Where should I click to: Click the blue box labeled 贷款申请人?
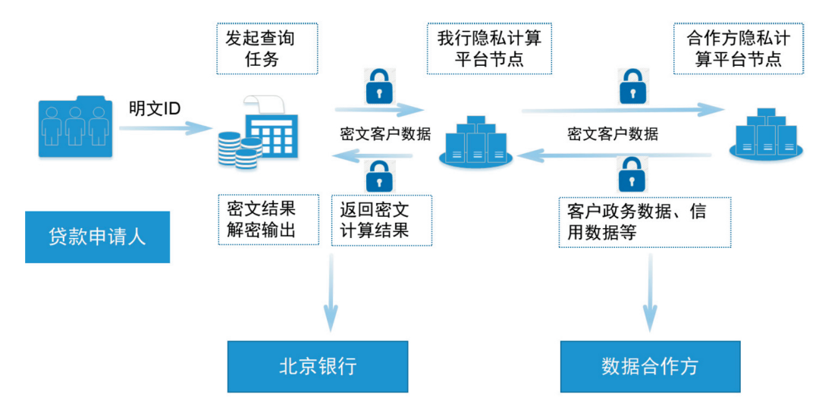[x=97, y=236]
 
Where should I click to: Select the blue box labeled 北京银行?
[x=318, y=367]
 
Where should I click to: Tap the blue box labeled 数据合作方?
[x=650, y=367]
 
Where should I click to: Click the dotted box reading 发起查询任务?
[x=267, y=49]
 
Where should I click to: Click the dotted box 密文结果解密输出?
[x=267, y=220]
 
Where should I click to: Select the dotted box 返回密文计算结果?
[x=381, y=220]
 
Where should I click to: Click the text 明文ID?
[x=155, y=109]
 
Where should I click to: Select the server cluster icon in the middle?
[x=475, y=140]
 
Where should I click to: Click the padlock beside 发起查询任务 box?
[x=377, y=87]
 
